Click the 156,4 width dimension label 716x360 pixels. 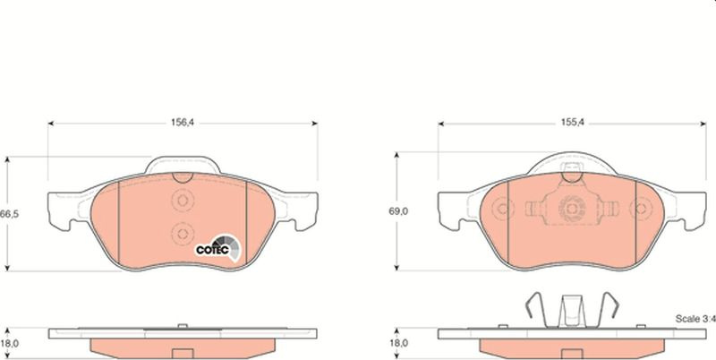(x=183, y=123)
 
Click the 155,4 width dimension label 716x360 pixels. (x=573, y=123)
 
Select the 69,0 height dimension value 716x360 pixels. (x=398, y=211)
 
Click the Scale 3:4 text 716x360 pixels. (x=695, y=319)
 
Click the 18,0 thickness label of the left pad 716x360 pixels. (x=9, y=344)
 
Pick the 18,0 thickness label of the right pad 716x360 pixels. (x=398, y=343)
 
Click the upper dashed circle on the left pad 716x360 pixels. (x=183, y=200)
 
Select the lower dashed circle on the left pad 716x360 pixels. (x=183, y=234)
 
